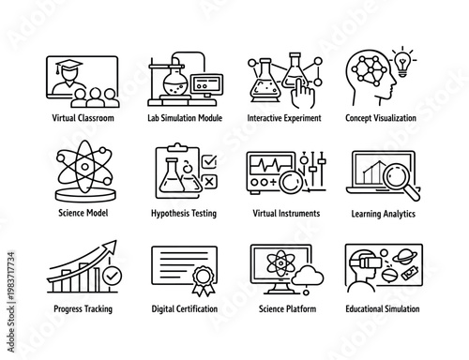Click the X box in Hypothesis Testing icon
click(211, 184)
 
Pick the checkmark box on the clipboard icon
click(210, 159)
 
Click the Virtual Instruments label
click(286, 213)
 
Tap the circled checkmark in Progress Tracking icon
click(111, 277)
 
